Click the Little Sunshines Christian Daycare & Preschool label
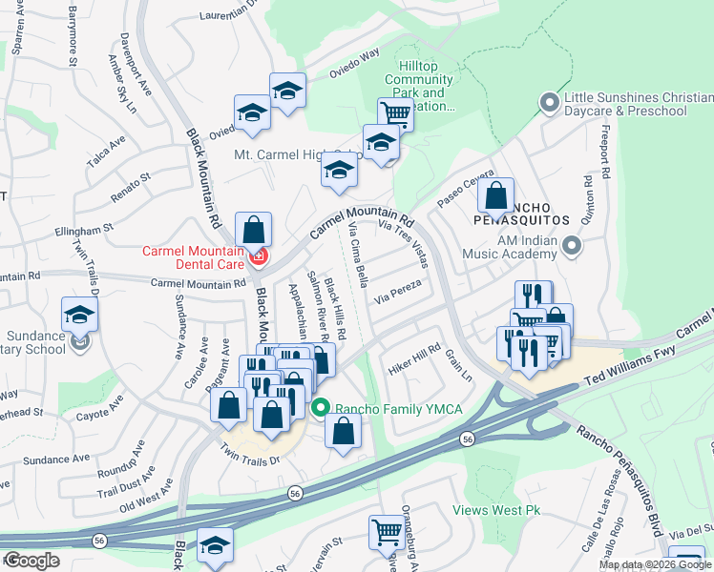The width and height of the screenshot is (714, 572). (625, 105)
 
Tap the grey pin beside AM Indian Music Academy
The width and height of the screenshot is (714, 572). (572, 247)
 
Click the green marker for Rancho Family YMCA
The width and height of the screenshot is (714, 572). (322, 409)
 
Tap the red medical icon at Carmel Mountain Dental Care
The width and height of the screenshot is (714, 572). (257, 257)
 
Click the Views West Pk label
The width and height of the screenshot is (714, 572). (496, 511)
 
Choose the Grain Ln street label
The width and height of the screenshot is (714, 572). (459, 364)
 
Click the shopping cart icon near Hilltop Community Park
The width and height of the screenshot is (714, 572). (394, 112)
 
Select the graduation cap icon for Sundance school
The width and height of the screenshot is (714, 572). (79, 314)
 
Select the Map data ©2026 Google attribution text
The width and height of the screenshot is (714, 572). (655, 564)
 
